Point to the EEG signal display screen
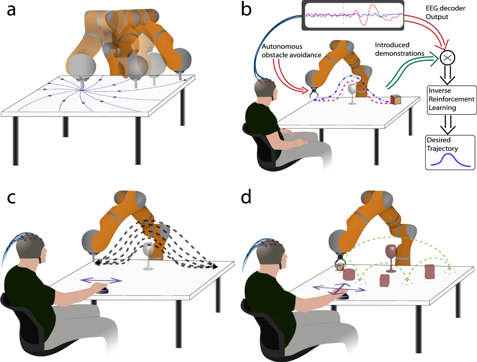(353, 16)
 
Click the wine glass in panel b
(352, 93)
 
